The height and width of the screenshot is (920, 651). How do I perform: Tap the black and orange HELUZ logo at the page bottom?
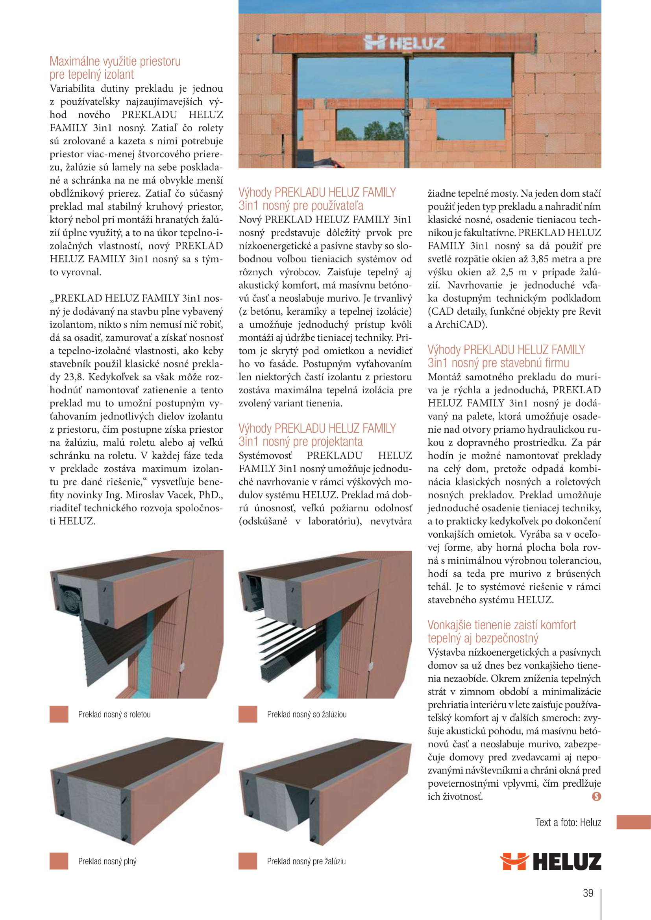click(x=550, y=861)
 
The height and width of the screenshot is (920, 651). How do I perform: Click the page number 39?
click(x=588, y=893)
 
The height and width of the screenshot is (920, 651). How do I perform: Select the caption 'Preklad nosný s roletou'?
click(x=114, y=714)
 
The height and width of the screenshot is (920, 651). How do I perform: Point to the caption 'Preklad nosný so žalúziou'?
click(x=307, y=714)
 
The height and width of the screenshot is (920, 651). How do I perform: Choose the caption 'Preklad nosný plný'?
click(x=107, y=861)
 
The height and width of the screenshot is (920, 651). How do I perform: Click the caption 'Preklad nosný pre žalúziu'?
click(x=306, y=861)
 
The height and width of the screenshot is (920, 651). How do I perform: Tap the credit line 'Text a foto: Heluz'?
click(x=568, y=822)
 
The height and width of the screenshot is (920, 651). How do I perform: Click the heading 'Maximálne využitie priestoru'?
click(x=115, y=61)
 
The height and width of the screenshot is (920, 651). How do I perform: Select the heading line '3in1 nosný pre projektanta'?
click(x=301, y=442)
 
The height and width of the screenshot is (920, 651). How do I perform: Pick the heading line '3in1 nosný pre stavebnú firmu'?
click(x=498, y=363)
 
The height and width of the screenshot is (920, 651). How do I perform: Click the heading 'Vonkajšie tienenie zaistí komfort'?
click(x=501, y=625)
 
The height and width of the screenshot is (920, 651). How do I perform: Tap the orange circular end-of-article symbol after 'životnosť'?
click(x=596, y=796)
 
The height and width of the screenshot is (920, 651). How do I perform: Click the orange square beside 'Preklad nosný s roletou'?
click(x=59, y=714)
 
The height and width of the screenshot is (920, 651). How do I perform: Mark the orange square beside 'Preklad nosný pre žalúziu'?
click(x=248, y=861)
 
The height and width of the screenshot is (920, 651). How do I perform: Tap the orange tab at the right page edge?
click(x=633, y=822)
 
